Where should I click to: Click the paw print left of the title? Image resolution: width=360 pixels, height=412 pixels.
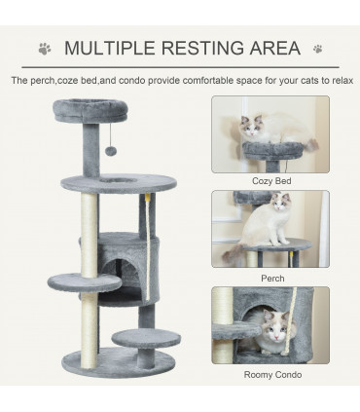pyautogui.click(x=44, y=48)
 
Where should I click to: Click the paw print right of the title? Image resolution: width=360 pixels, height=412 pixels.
pyautogui.click(x=317, y=48)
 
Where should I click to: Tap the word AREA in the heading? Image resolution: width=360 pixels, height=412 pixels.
pyautogui.click(x=270, y=48)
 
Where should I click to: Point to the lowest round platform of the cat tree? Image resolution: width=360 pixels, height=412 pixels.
pyautogui.click(x=145, y=339)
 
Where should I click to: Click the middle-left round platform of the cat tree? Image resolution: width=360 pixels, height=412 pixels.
pyautogui.click(x=85, y=284)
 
